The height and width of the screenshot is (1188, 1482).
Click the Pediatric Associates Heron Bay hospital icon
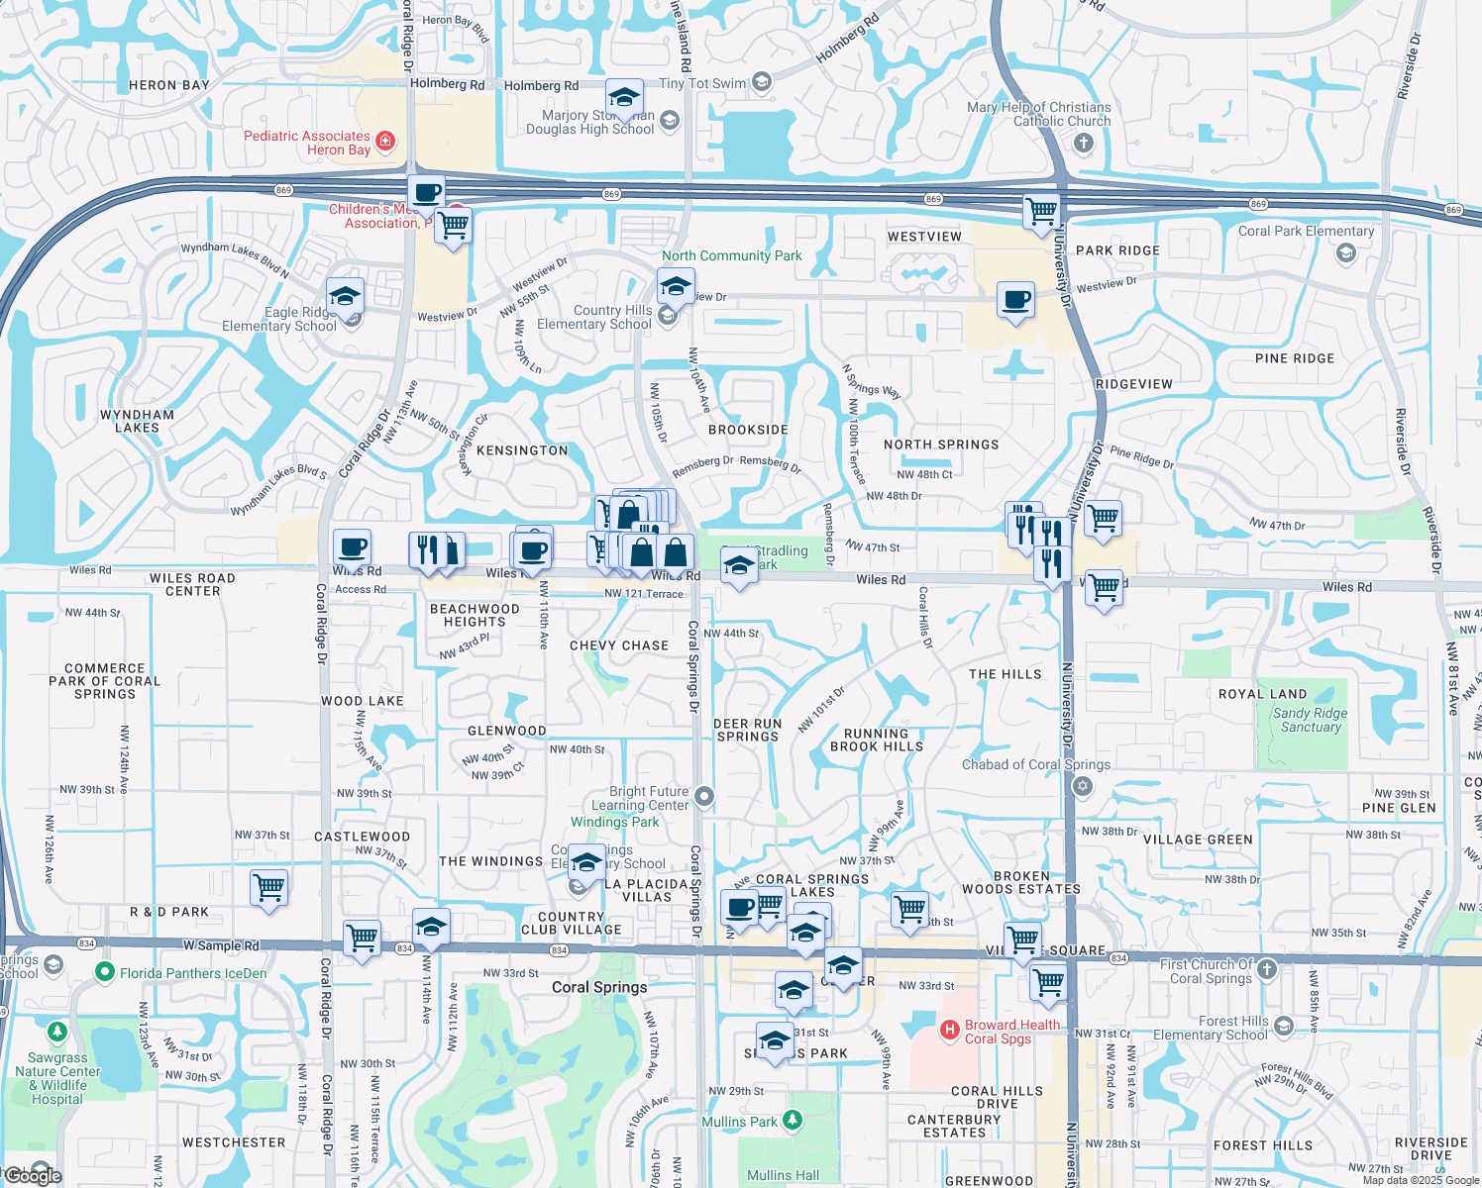pos(385,142)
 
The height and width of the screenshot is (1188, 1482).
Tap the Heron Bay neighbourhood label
pos(169,85)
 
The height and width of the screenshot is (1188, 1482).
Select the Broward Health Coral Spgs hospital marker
pos(950,1031)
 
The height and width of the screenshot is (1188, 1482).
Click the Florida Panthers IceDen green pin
pos(105,972)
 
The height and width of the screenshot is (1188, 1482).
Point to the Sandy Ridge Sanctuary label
pos(1310,720)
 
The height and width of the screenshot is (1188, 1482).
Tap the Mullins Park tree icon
pos(792,1121)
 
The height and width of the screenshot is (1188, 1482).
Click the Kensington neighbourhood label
pos(522,450)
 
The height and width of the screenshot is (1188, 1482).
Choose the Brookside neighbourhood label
pos(748,430)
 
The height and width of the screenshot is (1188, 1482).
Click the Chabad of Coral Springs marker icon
pos(1082,786)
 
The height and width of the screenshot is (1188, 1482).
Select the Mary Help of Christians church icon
pos(1083,144)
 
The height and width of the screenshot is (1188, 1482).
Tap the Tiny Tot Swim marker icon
pos(761,82)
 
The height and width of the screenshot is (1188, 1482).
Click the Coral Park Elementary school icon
pos(1345,252)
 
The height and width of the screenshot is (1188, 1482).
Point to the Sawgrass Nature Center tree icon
pos(57,1034)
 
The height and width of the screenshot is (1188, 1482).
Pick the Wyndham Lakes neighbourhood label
pos(137,422)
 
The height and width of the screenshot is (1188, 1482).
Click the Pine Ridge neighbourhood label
pos(1294,358)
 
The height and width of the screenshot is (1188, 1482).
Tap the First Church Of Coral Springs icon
pos(1267,970)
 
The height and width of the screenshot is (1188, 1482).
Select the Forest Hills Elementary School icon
pos(1284,1026)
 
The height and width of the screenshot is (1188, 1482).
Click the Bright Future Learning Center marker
pos(704,796)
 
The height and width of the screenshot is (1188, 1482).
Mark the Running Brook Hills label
pos(876,741)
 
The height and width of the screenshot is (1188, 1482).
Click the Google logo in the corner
pos(33,1175)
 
